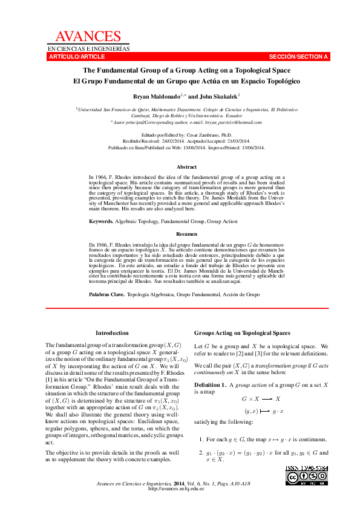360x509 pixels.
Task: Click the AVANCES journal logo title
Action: [88, 37]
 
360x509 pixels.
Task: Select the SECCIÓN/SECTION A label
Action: [298, 57]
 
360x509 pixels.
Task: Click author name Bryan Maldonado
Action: [156, 96]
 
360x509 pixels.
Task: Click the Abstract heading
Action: [186, 167]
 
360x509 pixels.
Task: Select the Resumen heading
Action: [186, 233]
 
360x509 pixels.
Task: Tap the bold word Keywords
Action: [100, 222]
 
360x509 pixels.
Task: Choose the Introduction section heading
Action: [112, 333]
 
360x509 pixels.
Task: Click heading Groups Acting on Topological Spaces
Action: [242, 333]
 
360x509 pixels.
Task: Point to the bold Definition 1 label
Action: [210, 385]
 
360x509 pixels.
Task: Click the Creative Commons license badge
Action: [307, 478]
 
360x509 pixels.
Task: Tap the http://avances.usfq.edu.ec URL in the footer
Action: [177, 488]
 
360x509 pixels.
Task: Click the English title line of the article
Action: [186, 70]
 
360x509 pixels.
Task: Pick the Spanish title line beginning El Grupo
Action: [186, 80]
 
